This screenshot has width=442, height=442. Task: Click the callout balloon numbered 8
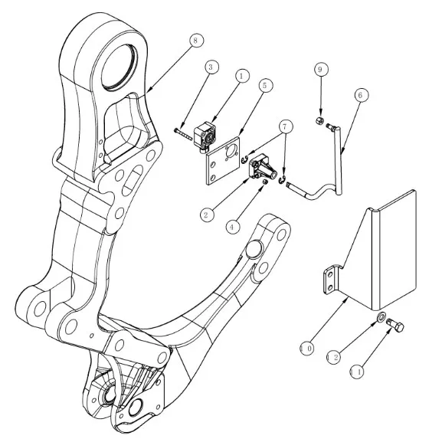pos(196,41)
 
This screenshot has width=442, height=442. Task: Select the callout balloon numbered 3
pos(211,67)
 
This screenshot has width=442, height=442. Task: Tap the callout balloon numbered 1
pos(242,76)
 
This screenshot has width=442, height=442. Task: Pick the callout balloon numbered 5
pos(265,85)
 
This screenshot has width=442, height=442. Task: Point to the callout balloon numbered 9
pos(321,70)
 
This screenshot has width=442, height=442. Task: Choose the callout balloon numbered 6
pos(361,95)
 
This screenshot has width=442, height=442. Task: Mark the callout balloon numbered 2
pos(207,215)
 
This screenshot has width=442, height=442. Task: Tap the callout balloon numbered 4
pos(233,227)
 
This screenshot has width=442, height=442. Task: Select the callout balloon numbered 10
pos(307,349)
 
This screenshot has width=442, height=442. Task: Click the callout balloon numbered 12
pos(333,358)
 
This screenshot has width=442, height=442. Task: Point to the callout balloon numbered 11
pos(357,372)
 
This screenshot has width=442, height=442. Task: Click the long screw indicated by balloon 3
pos(183,133)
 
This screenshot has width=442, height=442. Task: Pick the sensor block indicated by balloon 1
pos(205,136)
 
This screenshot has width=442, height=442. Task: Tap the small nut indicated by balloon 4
pos(264,182)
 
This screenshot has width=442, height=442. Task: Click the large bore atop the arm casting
pos(119,67)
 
